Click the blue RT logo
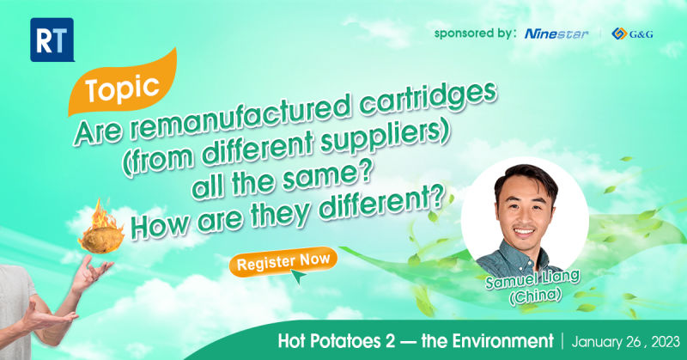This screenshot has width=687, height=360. coord(52,40)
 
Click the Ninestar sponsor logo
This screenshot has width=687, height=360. coord(556,34)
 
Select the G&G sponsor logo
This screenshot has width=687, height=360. coord(632,34)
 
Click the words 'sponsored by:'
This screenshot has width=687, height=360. coord(475,34)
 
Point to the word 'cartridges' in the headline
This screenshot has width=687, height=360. coord(428,101)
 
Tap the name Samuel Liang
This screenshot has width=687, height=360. coord(532,279)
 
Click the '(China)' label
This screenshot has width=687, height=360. coord(535,297)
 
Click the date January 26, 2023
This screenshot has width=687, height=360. coord(626,342)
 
